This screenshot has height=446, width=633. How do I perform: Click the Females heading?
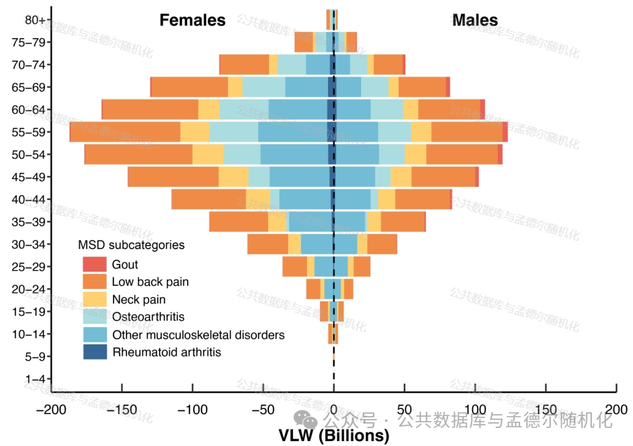[192, 21]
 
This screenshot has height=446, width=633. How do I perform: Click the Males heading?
[475, 21]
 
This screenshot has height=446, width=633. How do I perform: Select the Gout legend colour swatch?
[95, 264]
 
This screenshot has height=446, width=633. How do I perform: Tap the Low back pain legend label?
[150, 282]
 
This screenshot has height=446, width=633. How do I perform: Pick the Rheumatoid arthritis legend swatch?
[95, 352]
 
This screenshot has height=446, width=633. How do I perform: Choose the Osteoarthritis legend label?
[148, 317]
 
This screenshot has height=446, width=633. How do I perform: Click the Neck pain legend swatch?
[95, 299]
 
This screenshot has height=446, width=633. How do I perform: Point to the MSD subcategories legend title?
[131, 245]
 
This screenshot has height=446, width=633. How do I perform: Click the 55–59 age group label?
[29, 132]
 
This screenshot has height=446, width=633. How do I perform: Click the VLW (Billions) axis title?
[334, 435]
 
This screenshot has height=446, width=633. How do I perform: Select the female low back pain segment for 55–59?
[125, 132]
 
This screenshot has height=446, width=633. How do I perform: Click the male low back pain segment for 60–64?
[448, 110]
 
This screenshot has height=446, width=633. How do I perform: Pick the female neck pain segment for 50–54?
[208, 155]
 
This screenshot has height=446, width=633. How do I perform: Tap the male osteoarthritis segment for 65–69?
[375, 87]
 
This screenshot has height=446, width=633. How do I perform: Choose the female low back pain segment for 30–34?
[268, 245]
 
